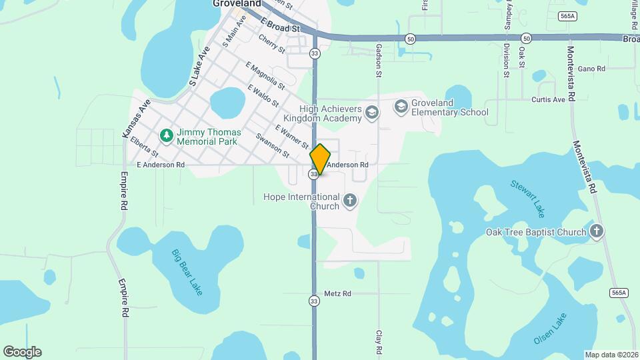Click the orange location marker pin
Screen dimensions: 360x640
pos(320,159)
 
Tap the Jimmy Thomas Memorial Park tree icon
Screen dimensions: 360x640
pos(166,135)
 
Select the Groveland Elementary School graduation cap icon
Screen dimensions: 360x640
pos(401,105)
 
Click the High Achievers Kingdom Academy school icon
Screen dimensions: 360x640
pos(372,113)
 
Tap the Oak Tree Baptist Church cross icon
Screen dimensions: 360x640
pos(597,231)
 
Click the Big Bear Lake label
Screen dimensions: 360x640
pos(187,272)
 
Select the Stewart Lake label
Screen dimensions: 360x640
pos(527,197)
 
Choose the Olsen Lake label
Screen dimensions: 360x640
pos(550,329)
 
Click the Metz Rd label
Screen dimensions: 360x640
pos(337,293)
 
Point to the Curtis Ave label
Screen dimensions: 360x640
pos(548,100)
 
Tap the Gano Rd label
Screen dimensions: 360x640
pos(591,69)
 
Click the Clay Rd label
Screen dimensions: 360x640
pos(379,341)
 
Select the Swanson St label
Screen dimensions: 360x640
pos(272,146)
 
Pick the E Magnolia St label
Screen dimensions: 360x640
pos(265,75)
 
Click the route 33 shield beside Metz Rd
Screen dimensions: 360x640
pos(314,301)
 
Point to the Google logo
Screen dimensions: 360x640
pos(22,352)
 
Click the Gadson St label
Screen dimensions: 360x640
pos(379,59)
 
